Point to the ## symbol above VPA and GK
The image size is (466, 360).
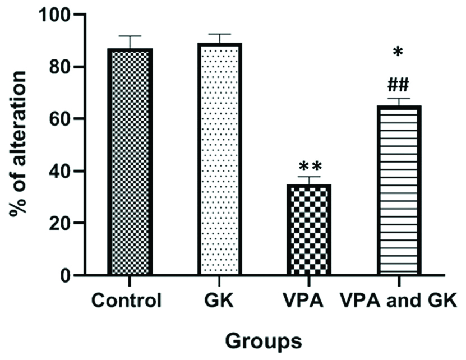point(397,85)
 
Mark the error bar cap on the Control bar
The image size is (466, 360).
point(130,36)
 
